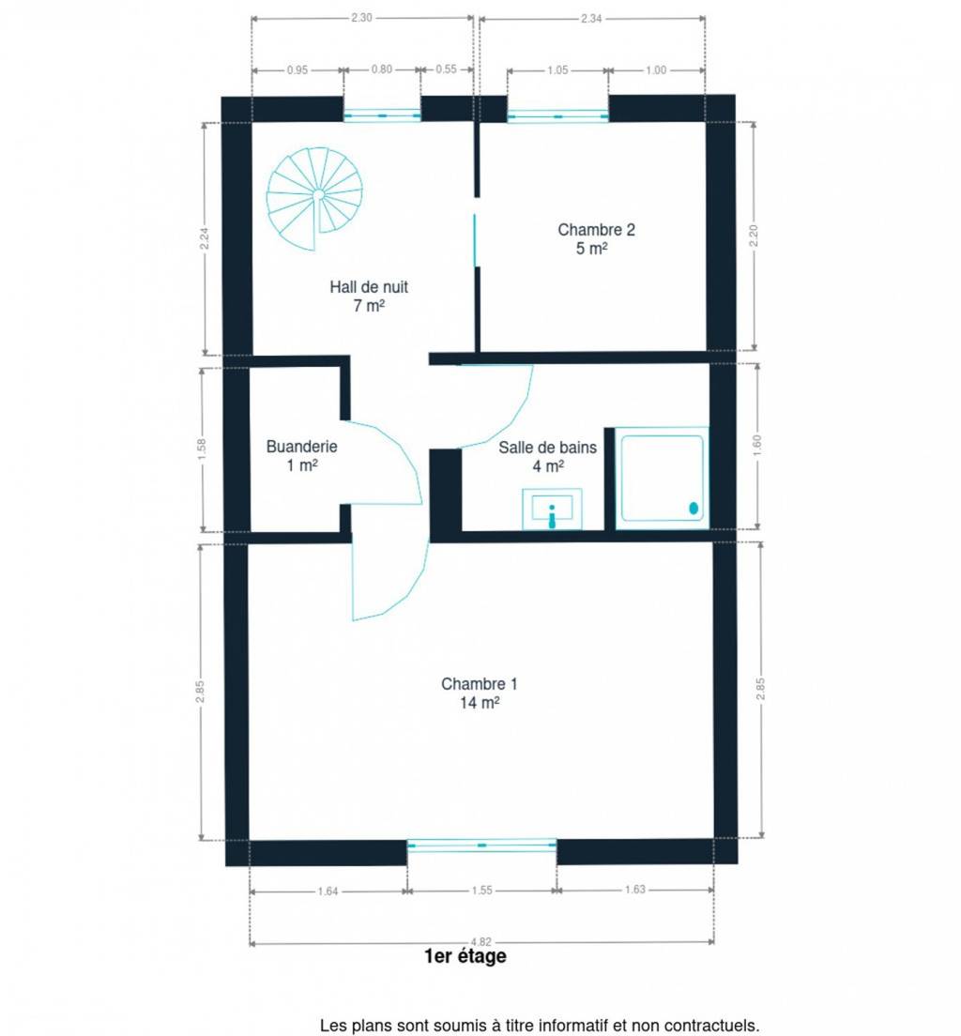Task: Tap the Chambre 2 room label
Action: pyautogui.click(x=596, y=238)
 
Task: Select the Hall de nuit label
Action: pyautogui.click(x=369, y=296)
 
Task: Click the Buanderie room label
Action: pyautogui.click(x=301, y=455)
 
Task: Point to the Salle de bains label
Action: pyautogui.click(x=547, y=457)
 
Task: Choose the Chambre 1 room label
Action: pyautogui.click(x=480, y=693)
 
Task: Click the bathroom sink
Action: pyautogui.click(x=552, y=509)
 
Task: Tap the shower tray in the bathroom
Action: pyautogui.click(x=662, y=478)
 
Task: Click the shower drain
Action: pyautogui.click(x=694, y=508)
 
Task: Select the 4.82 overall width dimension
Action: pyautogui.click(x=480, y=941)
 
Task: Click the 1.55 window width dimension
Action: pyautogui.click(x=481, y=890)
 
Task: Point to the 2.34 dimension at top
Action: pyautogui.click(x=591, y=19)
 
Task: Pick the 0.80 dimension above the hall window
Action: pyautogui.click(x=381, y=69)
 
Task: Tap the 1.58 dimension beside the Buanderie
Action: pyautogui.click(x=203, y=449)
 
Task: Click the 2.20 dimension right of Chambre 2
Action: pyautogui.click(x=754, y=236)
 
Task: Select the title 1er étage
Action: pyautogui.click(x=465, y=955)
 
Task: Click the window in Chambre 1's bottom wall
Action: pyautogui.click(x=481, y=846)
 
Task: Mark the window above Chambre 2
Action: pyautogui.click(x=557, y=116)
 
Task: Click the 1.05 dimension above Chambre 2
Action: pyautogui.click(x=557, y=70)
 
